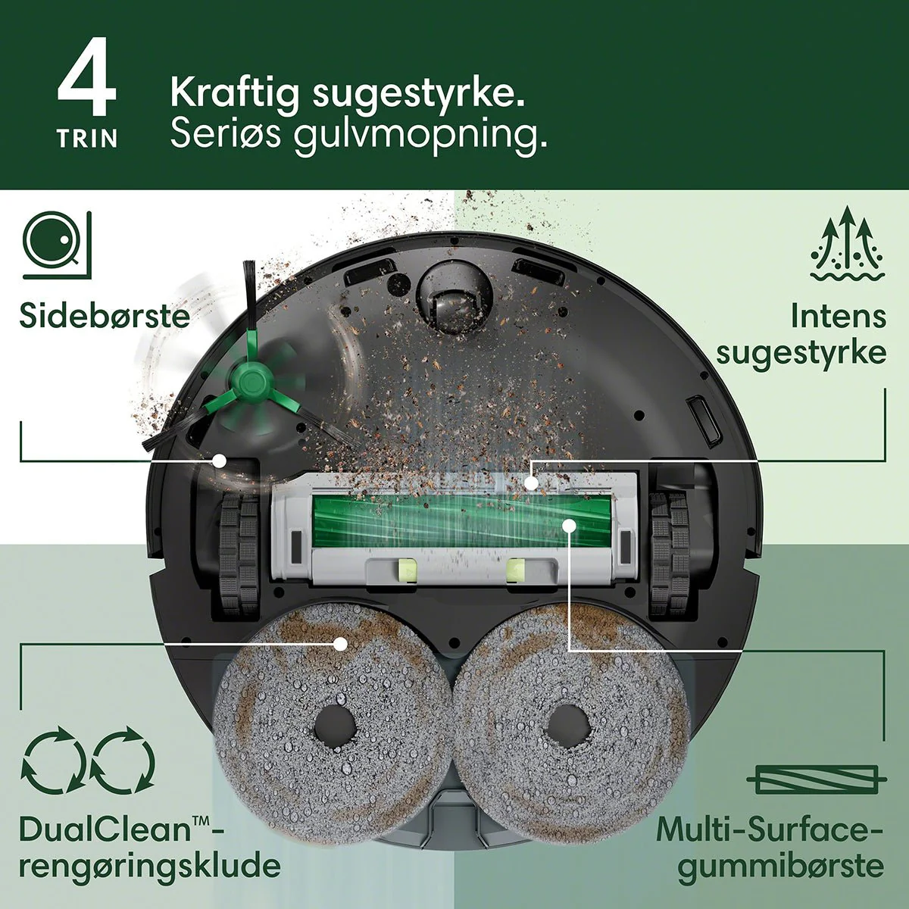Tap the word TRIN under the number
coord(87,139)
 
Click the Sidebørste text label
coord(105,315)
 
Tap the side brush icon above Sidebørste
coord(57,245)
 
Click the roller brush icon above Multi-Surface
coord(816,779)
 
